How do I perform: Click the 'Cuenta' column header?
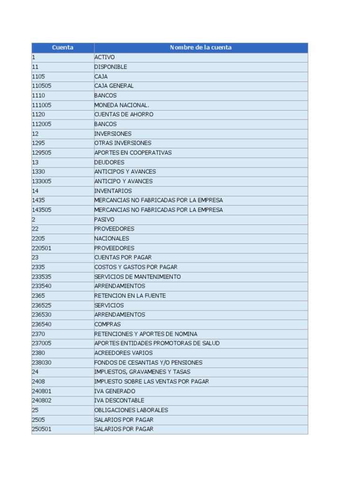tap(62, 47)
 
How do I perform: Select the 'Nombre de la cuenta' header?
tap(201, 47)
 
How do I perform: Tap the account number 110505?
tap(42, 86)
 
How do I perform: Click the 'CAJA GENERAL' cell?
tap(114, 86)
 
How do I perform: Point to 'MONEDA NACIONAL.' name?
tap(121, 105)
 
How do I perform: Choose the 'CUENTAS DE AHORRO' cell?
tap(124, 114)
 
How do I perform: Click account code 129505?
tap(42, 153)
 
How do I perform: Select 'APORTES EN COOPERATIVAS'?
tap(133, 153)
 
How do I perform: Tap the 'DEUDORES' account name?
tap(109, 162)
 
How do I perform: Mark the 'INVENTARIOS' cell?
tap(113, 191)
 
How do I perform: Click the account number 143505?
tap(42, 210)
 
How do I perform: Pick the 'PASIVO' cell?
tap(104, 219)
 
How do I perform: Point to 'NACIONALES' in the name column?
tap(112, 239)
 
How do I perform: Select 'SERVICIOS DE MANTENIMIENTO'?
tap(137, 277)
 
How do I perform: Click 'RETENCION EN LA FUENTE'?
tap(130, 296)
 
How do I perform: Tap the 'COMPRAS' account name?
tap(107, 324)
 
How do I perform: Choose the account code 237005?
tap(42, 343)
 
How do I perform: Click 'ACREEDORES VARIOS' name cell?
tap(123, 353)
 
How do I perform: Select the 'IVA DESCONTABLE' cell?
tap(119, 400)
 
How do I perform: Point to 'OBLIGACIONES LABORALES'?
tap(131, 410)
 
